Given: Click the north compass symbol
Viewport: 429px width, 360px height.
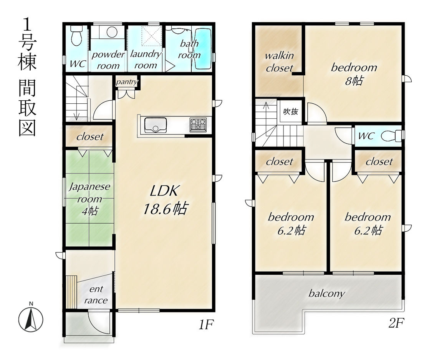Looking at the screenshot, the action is pos(31,319).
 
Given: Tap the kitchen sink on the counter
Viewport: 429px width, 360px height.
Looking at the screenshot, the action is pos(156,125).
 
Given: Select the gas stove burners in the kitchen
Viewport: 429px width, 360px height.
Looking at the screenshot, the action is pos(198,124).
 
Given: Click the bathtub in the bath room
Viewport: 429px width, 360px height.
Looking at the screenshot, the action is pos(203,49).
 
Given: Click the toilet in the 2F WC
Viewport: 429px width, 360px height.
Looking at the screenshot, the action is pos(392,136).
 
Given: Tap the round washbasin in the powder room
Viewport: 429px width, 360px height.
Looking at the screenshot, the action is pos(112,32).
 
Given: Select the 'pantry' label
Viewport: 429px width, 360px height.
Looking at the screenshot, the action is pos(127,81).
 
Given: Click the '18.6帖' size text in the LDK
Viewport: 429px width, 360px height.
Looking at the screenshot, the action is pos(165,209).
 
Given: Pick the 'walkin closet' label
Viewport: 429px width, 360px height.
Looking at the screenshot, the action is pos(279,61).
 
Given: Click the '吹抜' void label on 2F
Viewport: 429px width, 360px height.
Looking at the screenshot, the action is pos(291,111).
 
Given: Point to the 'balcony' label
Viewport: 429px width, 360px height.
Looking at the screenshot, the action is pos(327,294).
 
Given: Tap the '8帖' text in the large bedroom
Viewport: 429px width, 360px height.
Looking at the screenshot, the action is pos(354,81).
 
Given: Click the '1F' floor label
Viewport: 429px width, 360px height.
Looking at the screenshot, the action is pos(206,325).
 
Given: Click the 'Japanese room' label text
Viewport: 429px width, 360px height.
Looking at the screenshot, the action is pos(89,193).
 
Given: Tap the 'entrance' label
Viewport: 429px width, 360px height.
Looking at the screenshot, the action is pos(96,295).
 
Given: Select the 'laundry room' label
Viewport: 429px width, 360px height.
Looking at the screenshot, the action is pos(146,60).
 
